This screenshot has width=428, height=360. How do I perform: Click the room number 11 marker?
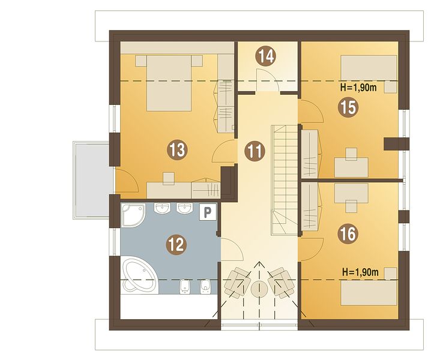[255, 151]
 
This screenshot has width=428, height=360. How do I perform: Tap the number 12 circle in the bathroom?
[176, 244]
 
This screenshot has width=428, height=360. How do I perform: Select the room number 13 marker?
[178, 150]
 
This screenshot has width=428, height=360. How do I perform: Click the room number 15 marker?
[348, 107]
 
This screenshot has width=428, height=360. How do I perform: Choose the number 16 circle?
[348, 233]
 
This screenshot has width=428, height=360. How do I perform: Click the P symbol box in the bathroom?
[208, 212]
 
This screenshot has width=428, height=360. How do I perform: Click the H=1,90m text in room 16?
[360, 272]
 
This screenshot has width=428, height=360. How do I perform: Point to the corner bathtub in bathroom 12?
[138, 274]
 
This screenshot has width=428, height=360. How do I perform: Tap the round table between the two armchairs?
[259, 289]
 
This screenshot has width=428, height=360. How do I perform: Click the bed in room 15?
[369, 68]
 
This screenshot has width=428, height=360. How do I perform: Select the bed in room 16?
[369, 293]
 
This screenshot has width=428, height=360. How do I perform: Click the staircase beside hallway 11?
[285, 179]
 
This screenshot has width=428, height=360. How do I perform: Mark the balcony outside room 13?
[91, 180]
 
